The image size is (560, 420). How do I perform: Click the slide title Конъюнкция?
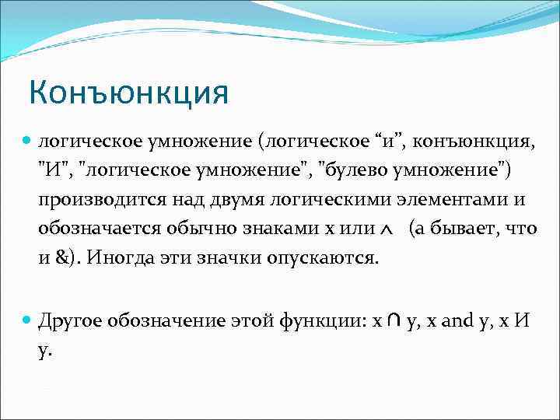(x=129, y=94)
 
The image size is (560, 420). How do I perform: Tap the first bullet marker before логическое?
(x=27, y=142)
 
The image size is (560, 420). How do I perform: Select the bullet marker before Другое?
(x=27, y=320)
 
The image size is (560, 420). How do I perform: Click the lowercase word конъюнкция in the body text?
(x=465, y=142)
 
